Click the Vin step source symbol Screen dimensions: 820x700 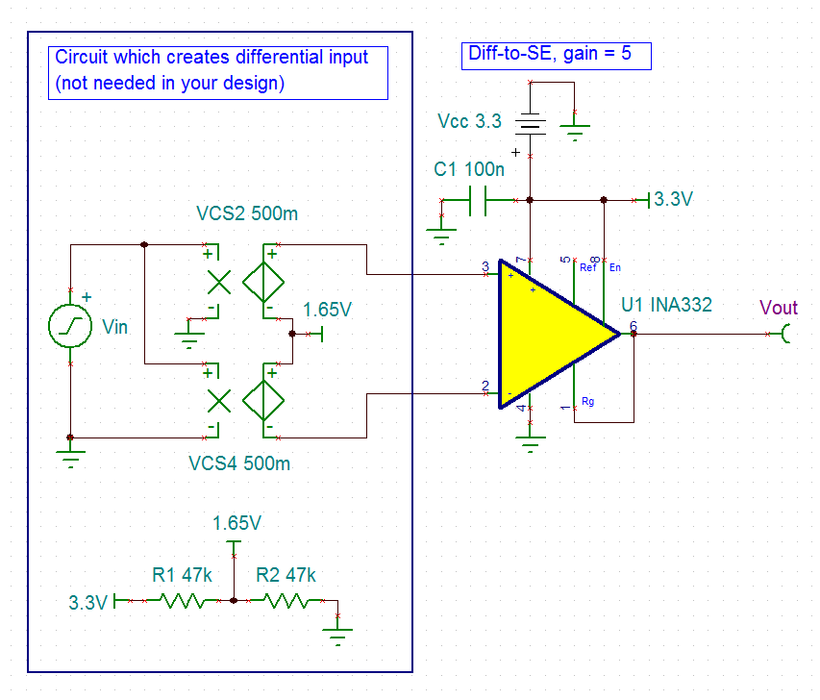tap(70, 326)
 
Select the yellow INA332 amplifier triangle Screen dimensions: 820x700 tap(549, 334)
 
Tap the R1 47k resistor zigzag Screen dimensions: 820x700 tap(182, 601)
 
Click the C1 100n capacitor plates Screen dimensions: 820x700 tap(478, 200)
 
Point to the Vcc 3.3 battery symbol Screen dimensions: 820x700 tap(531, 124)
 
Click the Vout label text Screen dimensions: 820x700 tap(778, 308)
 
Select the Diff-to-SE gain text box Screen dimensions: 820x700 tap(557, 56)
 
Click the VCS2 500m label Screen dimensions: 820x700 tap(247, 213)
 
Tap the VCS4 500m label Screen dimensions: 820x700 tap(239, 463)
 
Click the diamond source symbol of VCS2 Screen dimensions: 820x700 tap(263, 282)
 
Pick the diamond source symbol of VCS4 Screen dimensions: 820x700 tap(263, 401)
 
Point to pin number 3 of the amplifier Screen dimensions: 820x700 tap(485, 266)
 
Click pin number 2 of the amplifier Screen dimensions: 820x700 tap(485, 386)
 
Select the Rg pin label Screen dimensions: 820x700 tap(587, 401)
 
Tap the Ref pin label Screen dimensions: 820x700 tap(587, 267)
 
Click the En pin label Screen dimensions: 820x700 tap(615, 267)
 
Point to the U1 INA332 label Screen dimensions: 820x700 tap(667, 305)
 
